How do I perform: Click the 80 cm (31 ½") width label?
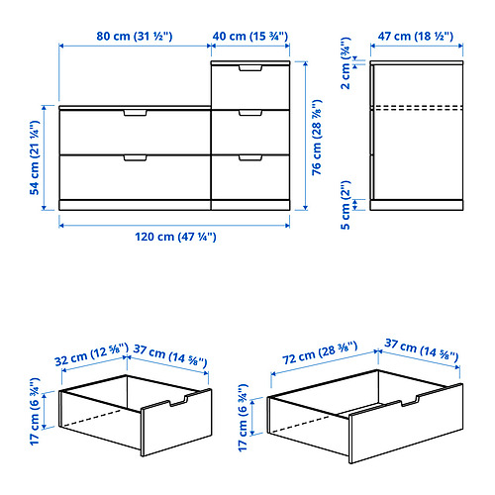pyautogui.click(x=135, y=36)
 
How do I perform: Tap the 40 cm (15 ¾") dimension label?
pyautogui.click(x=250, y=36)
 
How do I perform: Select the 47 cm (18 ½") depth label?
pyautogui.click(x=416, y=36)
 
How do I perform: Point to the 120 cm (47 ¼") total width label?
pyautogui.click(x=175, y=237)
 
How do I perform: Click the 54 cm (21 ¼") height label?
pyautogui.click(x=35, y=157)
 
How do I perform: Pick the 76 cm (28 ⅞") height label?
pyautogui.click(x=317, y=137)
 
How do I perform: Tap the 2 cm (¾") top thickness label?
pyautogui.click(x=346, y=63)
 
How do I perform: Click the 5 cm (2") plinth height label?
pyautogui.click(x=346, y=205)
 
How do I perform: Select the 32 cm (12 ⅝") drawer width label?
pyautogui.click(x=91, y=354)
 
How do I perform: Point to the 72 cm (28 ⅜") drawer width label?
pyautogui.click(x=320, y=352)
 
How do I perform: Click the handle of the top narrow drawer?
pyautogui.click(x=250, y=68)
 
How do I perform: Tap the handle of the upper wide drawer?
pyautogui.click(x=136, y=113)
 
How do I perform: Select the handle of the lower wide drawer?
pyautogui.click(x=136, y=158)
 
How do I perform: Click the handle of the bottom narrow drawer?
pyautogui.click(x=250, y=158)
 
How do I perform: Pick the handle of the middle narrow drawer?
pyautogui.click(x=250, y=113)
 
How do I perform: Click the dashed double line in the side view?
pyautogui.click(x=417, y=108)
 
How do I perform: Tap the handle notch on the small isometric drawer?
pyautogui.click(x=178, y=401)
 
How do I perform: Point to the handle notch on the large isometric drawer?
pyautogui.click(x=410, y=401)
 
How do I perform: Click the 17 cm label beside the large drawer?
pyautogui.click(x=244, y=418)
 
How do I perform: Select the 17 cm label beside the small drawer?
pyautogui.click(x=35, y=412)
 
